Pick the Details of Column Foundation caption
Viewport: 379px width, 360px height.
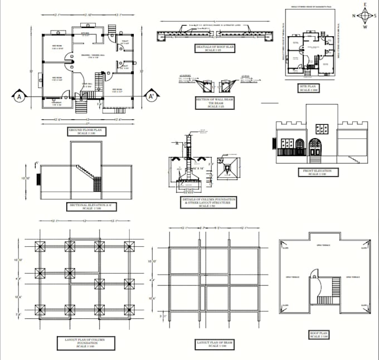tap(208, 202)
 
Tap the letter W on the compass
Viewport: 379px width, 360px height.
tap(364, 27)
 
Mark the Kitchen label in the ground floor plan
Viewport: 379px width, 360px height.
tap(85, 33)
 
